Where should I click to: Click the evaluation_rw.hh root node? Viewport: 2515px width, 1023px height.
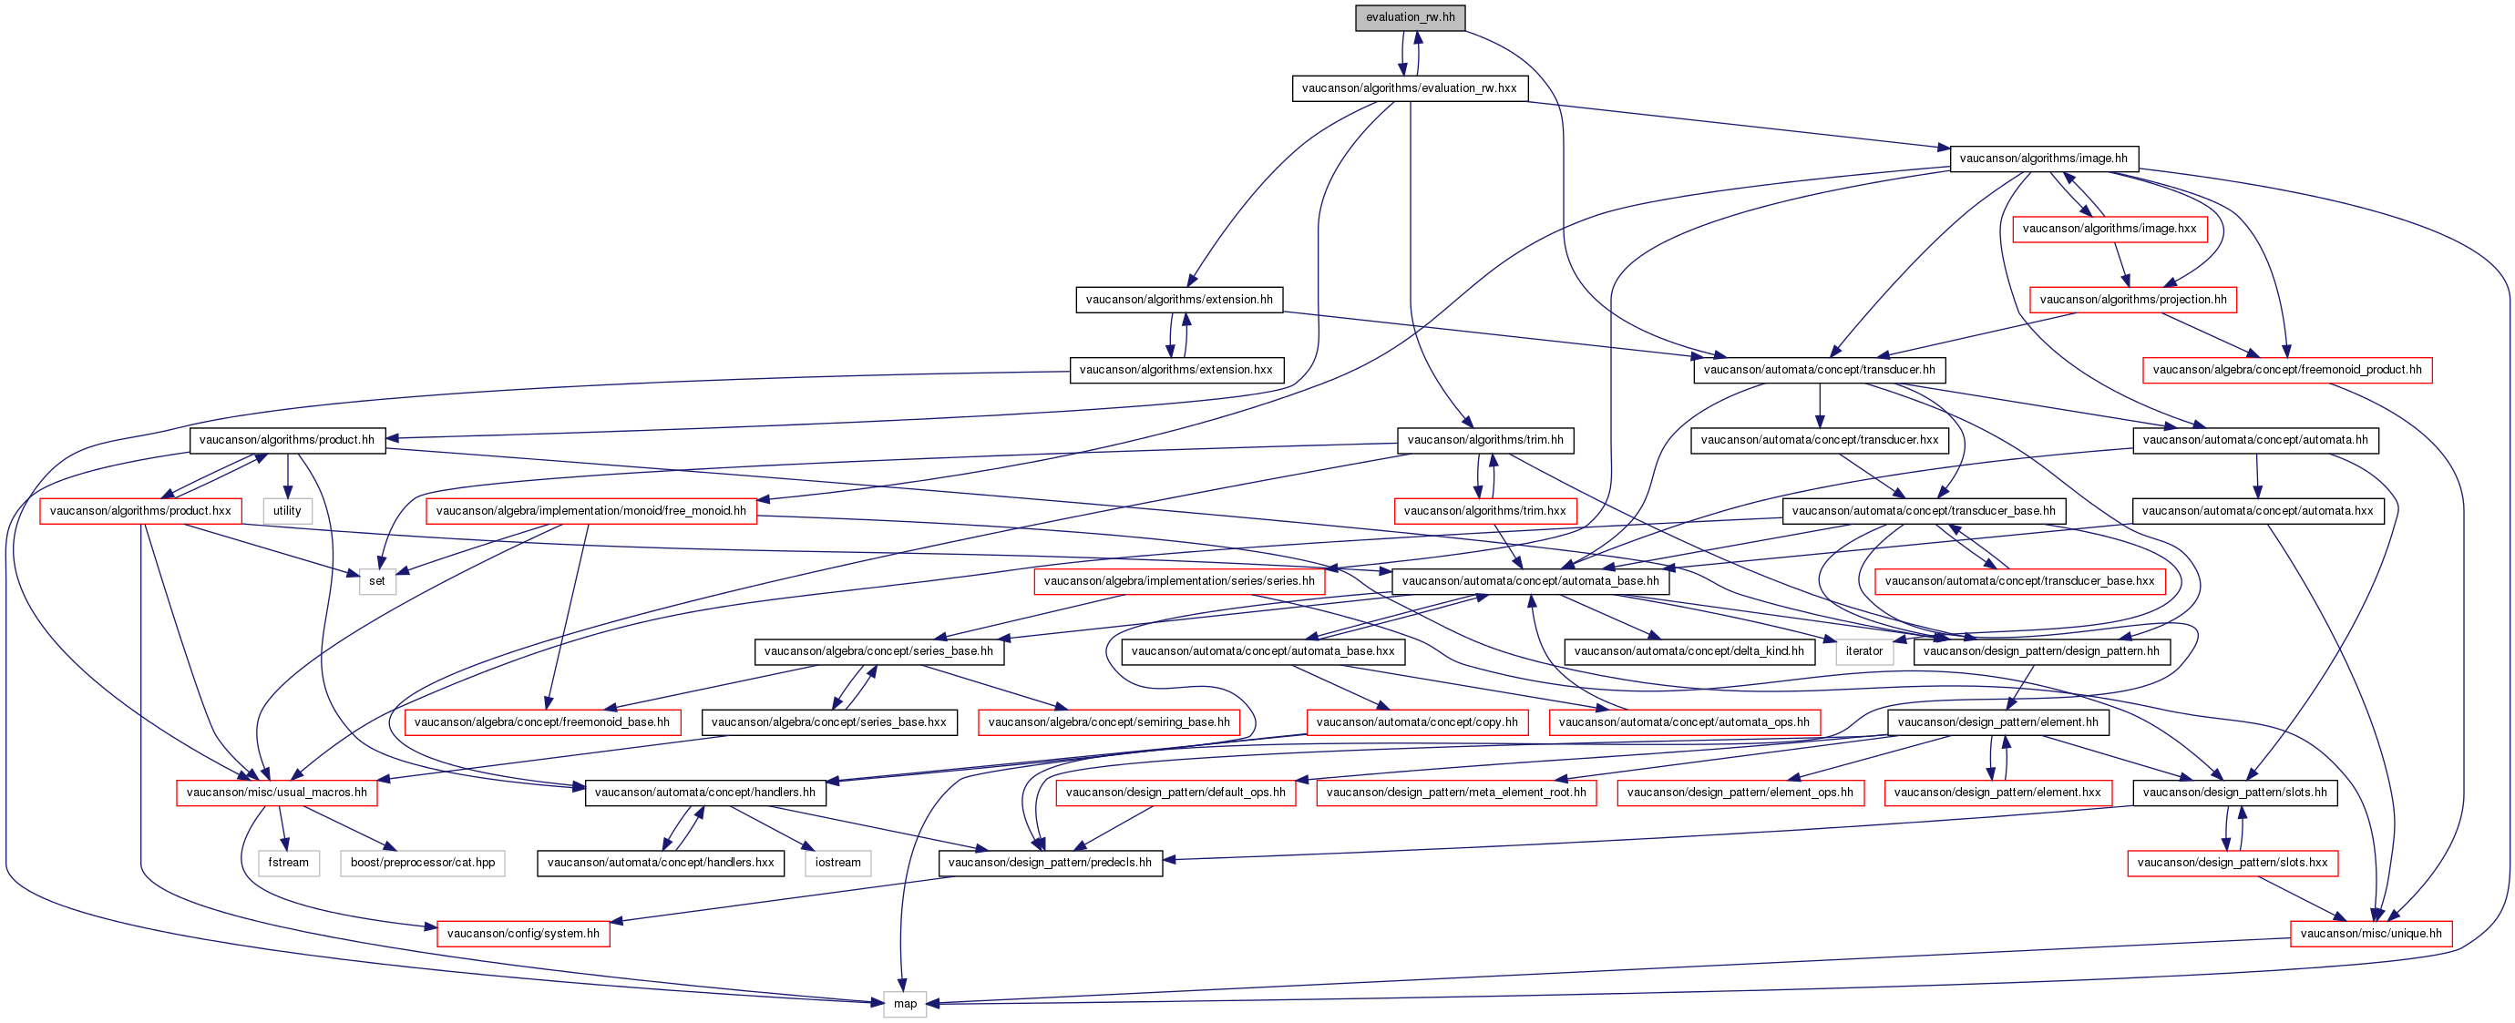[1410, 17]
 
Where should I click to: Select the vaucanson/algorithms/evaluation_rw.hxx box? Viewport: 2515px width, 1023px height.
[1409, 87]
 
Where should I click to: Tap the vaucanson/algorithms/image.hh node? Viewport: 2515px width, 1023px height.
[2043, 159]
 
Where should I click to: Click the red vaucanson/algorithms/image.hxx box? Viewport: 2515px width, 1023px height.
[2109, 229]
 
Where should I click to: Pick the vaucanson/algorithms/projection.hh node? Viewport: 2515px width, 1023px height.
[2133, 300]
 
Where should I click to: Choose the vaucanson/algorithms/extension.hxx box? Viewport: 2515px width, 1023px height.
[1176, 370]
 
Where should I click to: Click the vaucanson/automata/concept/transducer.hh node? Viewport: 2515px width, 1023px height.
[1819, 370]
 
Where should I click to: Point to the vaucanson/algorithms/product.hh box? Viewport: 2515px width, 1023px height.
[287, 440]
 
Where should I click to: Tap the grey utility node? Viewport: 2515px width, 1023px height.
[287, 510]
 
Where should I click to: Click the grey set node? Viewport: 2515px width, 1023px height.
[377, 581]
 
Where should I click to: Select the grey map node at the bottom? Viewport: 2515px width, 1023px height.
[905, 1004]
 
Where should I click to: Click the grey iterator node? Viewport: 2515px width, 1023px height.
[1863, 651]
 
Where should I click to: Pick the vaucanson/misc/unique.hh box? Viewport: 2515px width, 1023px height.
[2370, 933]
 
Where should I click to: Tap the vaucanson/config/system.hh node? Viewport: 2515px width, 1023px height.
[523, 933]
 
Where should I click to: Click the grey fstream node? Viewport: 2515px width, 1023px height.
[288, 863]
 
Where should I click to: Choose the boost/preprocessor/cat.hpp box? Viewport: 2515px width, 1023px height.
[423, 863]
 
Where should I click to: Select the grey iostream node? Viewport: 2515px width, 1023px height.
[837, 863]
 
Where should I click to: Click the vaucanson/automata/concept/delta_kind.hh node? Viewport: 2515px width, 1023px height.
[1689, 651]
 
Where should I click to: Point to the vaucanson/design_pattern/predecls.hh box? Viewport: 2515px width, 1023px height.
[1050, 863]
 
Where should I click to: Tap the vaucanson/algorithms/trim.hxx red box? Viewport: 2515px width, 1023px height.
[1484, 510]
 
